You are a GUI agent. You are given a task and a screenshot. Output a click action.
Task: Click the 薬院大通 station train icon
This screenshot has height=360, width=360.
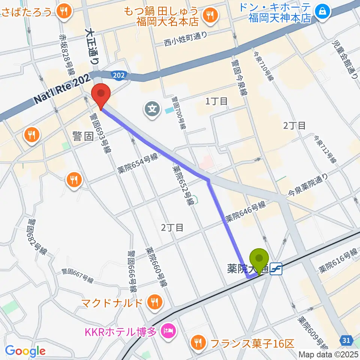[x=276, y=268]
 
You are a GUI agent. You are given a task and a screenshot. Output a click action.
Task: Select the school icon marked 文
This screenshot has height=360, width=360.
[x=152, y=110]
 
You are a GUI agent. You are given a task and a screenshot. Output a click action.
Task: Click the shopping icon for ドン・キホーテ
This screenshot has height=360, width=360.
[x=322, y=12]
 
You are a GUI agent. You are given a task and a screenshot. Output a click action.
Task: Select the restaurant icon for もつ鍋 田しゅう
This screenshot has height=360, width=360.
[x=208, y=15]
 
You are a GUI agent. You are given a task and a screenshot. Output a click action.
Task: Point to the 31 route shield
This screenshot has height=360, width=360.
[x=346, y=340]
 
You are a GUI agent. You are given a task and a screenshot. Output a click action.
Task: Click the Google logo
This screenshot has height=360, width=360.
[x=25, y=351]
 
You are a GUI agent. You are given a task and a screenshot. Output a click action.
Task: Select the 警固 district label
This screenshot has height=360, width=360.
[x=84, y=136]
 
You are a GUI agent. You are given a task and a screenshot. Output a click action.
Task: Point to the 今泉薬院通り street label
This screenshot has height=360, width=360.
[x=308, y=185]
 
